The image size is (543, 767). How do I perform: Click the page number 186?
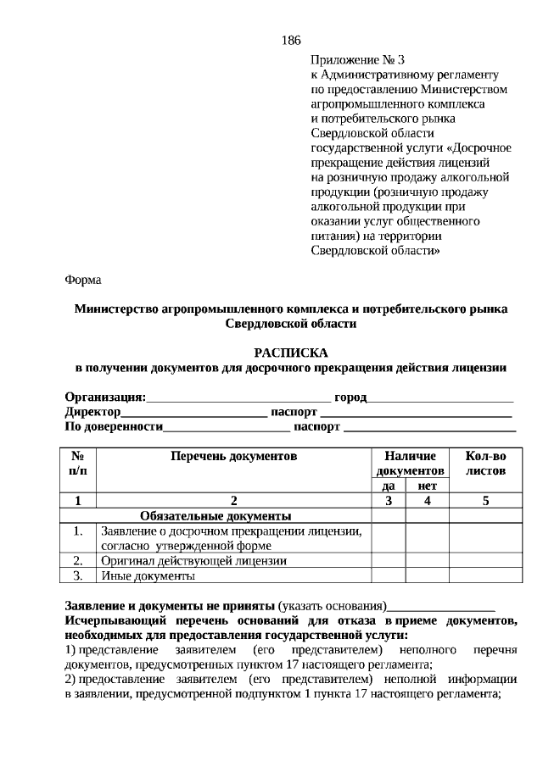(290, 40)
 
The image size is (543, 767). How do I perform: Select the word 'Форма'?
(82, 279)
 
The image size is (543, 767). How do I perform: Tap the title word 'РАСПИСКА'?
(290, 353)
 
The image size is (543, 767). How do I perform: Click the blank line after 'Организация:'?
(238, 397)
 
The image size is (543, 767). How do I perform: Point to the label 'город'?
(350, 397)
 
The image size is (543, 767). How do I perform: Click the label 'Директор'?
(92, 412)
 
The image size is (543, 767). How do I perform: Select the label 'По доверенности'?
(114, 426)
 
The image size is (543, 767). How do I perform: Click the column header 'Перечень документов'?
(234, 456)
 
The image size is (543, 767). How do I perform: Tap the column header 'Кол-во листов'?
(485, 463)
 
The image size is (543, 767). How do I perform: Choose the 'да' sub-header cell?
(389, 486)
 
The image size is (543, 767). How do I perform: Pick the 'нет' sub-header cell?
(427, 486)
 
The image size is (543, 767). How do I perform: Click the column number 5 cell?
(485, 500)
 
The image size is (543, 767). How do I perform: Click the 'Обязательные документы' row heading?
(216, 515)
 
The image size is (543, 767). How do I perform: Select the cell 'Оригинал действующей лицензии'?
(193, 560)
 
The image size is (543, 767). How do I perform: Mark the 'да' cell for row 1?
(389, 538)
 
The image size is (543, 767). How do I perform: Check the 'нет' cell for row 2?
(427, 560)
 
